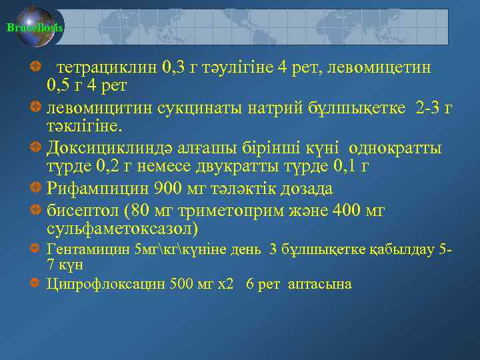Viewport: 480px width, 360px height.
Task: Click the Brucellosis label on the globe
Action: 35,28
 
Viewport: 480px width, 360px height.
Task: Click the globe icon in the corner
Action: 37,27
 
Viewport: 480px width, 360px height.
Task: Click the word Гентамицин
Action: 88,250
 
